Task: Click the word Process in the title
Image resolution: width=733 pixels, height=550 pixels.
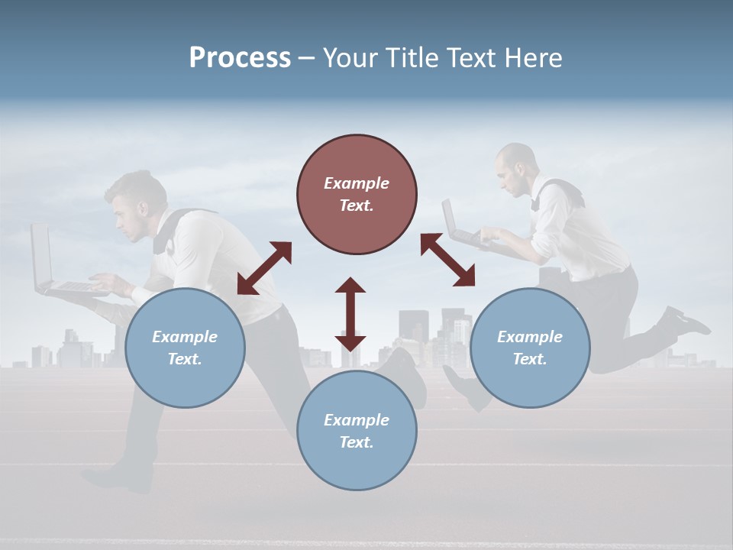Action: click(240, 58)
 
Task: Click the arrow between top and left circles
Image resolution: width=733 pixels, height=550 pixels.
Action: click(264, 268)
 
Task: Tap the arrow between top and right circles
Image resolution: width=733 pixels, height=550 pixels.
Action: click(447, 260)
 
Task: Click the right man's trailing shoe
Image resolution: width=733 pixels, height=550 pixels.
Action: click(685, 321)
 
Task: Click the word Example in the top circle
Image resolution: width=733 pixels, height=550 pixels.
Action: click(357, 183)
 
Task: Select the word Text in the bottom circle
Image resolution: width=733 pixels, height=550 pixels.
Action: click(355, 442)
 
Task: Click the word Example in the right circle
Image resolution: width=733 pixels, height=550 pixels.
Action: click(530, 337)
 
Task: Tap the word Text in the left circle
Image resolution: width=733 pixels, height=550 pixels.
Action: click(183, 359)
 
